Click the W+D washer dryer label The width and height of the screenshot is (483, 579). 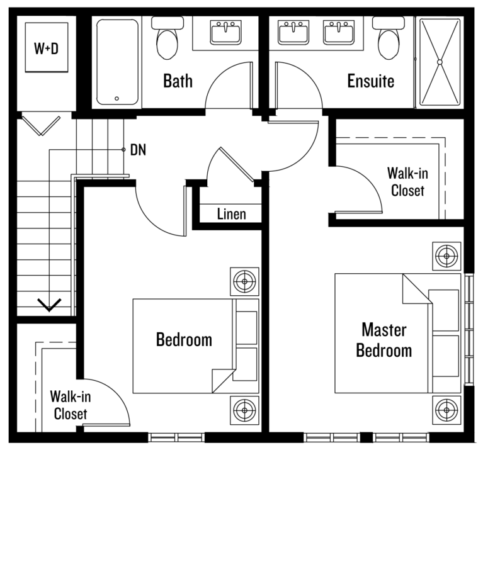pyautogui.click(x=46, y=48)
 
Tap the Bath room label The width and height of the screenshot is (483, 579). pyautogui.click(x=178, y=81)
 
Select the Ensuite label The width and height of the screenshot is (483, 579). pyautogui.click(x=371, y=81)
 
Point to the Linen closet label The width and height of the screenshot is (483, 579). pyautogui.click(x=231, y=214)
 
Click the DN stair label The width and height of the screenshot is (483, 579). pyautogui.click(x=138, y=150)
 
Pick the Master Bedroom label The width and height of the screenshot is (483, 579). pyautogui.click(x=384, y=340)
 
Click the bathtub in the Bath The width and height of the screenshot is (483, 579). pyautogui.click(x=118, y=62)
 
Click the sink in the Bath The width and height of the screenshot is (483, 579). pyautogui.click(x=226, y=32)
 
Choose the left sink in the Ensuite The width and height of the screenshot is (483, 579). pyautogui.click(x=293, y=32)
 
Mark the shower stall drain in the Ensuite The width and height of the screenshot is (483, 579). pyautogui.click(x=440, y=62)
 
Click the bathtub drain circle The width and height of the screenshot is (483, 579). pyautogui.click(x=116, y=99)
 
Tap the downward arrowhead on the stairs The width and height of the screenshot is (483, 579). pyautogui.click(x=49, y=305)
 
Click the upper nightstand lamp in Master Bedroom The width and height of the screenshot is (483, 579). pyautogui.click(x=446, y=256)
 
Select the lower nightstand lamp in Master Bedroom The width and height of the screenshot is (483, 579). pyautogui.click(x=446, y=410)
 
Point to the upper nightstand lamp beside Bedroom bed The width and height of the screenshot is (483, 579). pyautogui.click(x=244, y=282)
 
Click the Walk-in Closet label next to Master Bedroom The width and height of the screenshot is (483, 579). pyautogui.click(x=407, y=182)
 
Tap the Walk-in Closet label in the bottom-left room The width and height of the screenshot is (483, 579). pyautogui.click(x=70, y=405)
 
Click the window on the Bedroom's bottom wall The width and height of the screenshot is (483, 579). pyautogui.click(x=177, y=437)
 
